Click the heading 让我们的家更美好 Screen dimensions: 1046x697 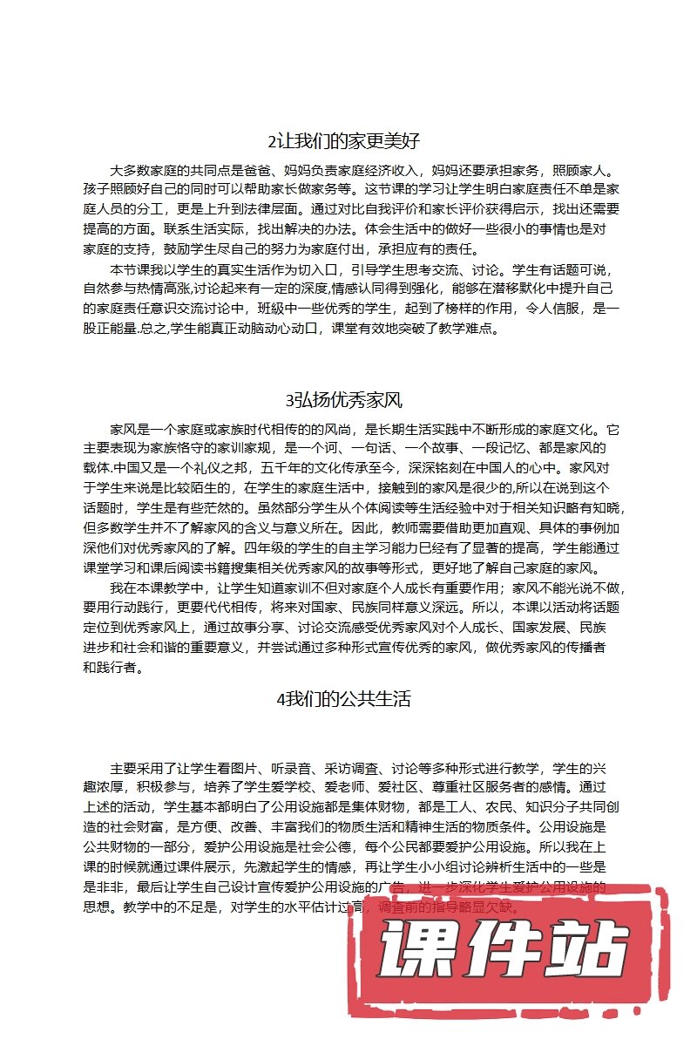353,141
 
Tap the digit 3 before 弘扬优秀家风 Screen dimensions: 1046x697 289,401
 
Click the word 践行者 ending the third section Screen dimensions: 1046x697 117,668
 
